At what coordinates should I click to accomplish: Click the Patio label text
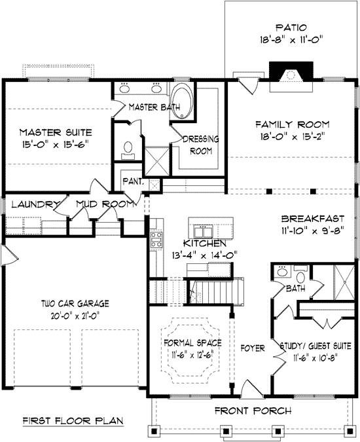291,28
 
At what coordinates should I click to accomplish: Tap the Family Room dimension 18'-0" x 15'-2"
293,137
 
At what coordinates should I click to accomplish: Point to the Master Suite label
56,132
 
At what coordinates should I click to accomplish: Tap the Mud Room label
105,204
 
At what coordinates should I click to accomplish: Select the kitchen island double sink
203,231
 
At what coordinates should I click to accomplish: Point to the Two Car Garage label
75,304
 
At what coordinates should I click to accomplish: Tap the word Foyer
253,348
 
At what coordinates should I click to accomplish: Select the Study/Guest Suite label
315,346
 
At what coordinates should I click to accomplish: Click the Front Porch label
253,411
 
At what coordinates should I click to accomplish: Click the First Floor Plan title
73,421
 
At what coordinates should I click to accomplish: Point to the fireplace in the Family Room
291,77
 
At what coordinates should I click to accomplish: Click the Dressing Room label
201,145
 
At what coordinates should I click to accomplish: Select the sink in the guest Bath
281,272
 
